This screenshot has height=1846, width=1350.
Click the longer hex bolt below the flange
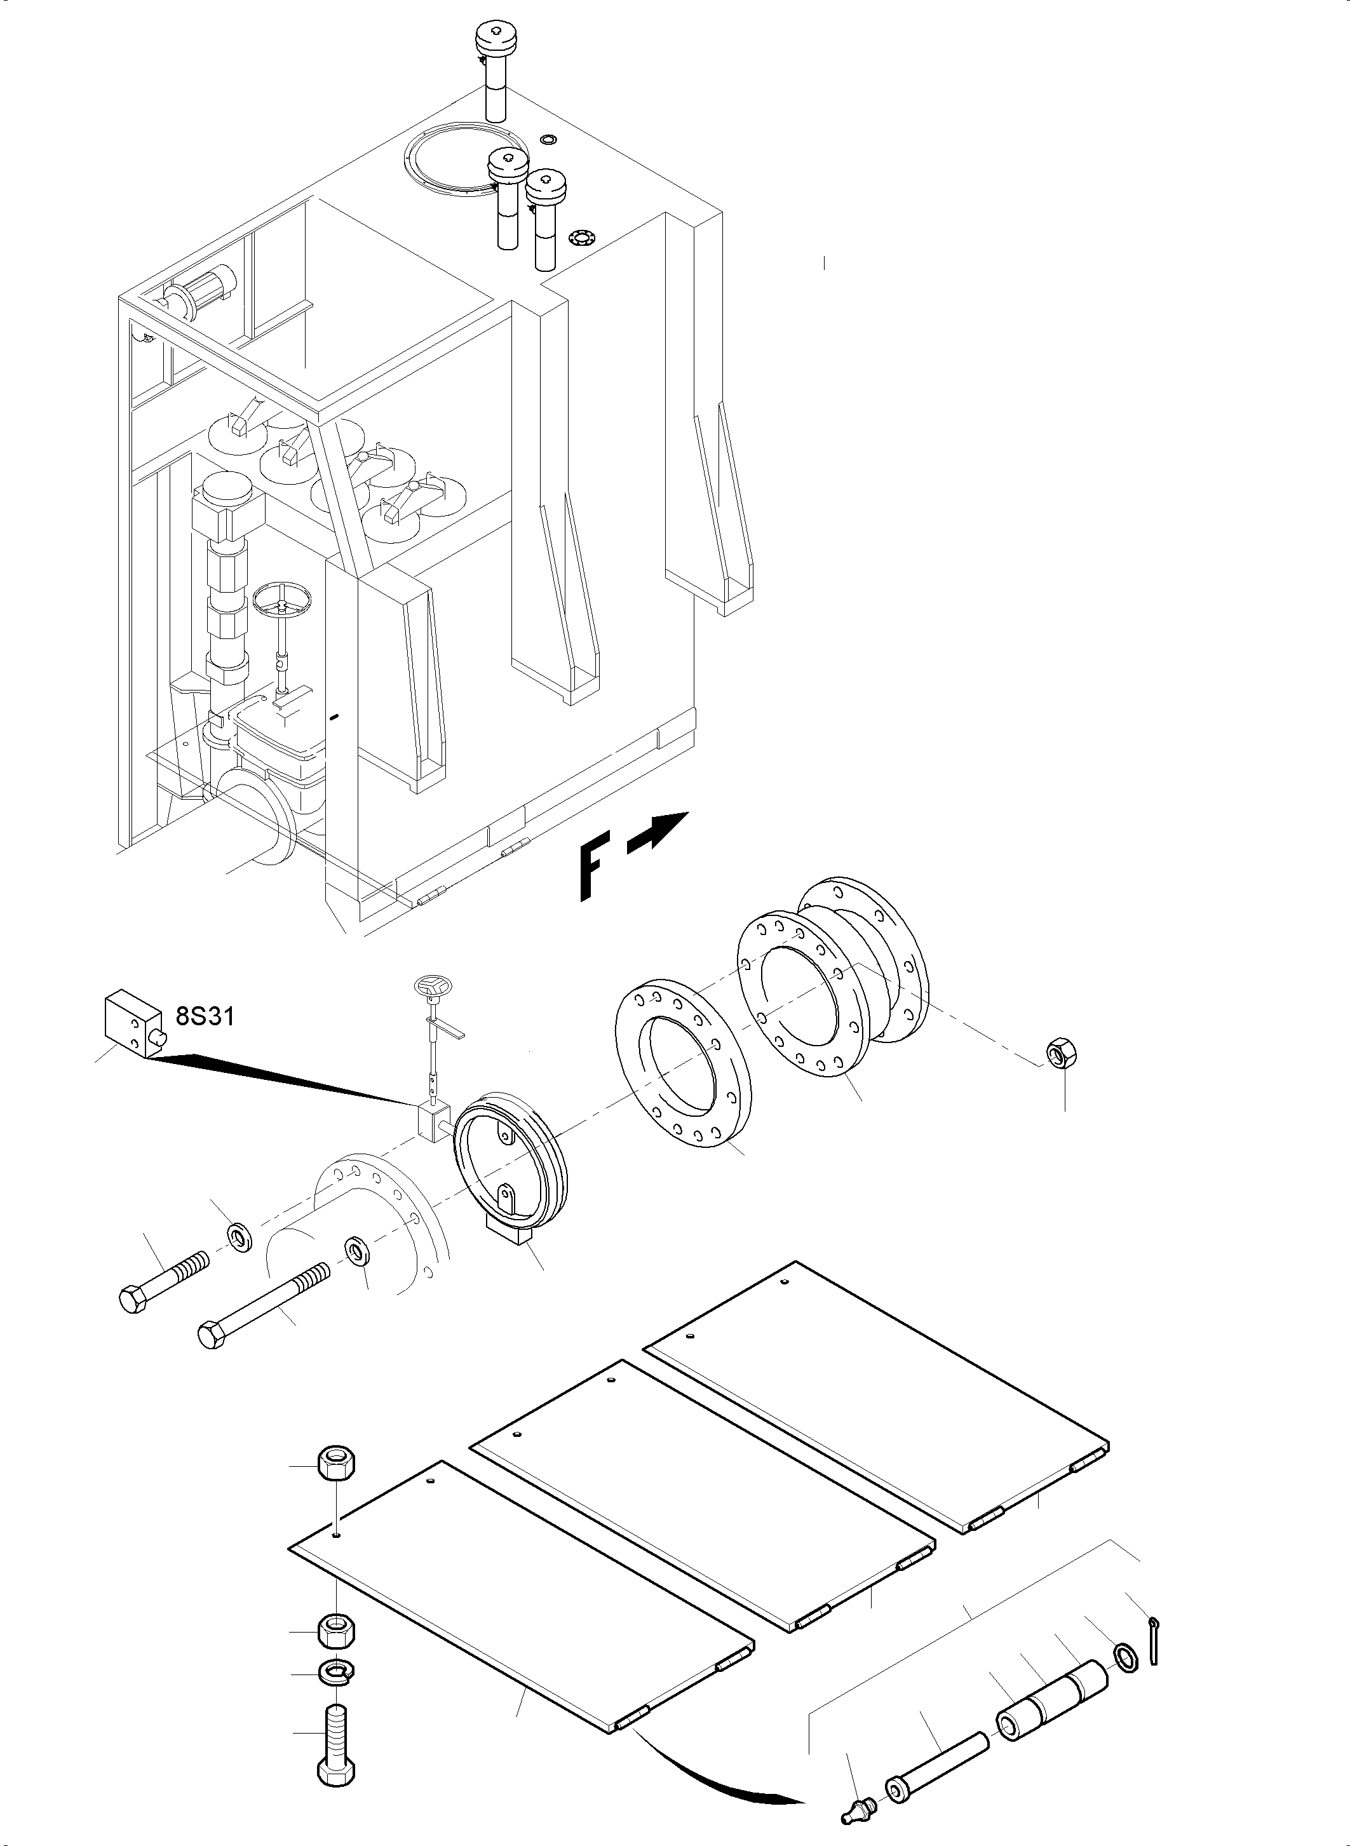click(x=262, y=1307)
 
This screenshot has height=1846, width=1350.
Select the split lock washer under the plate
click(x=335, y=1672)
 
